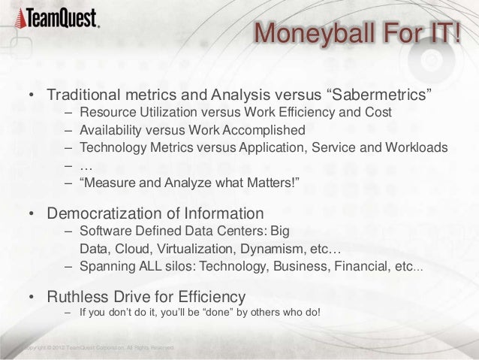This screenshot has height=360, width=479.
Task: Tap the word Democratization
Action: tap(113, 213)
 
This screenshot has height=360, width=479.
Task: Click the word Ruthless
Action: tap(79, 295)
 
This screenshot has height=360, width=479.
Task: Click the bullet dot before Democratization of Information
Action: tap(32, 213)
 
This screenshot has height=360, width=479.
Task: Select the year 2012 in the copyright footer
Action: tap(55, 347)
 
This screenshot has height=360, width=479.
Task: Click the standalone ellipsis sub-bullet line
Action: tap(86, 165)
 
